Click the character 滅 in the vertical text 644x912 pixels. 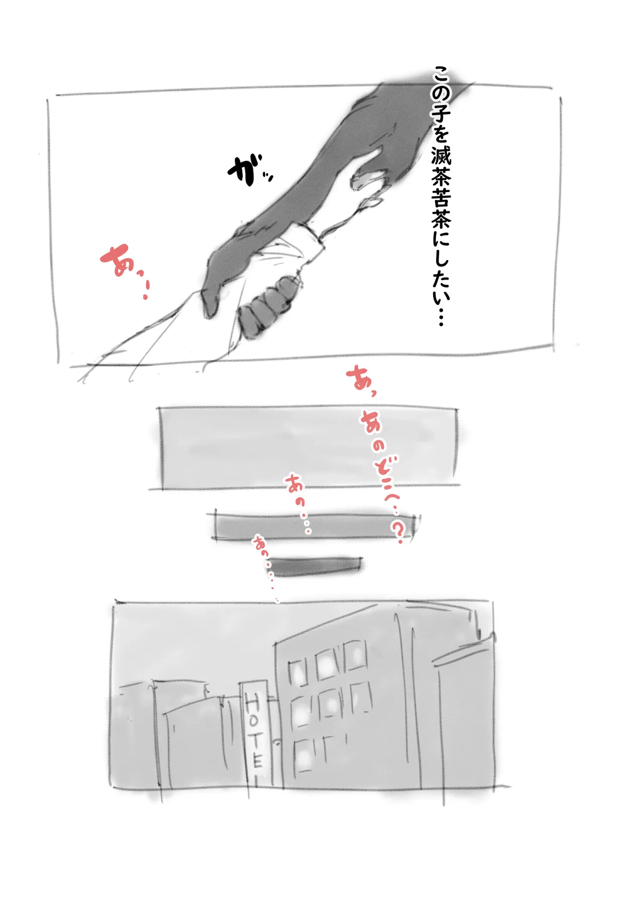(x=441, y=154)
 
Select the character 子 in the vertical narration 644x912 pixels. (x=441, y=115)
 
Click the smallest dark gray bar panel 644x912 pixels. (x=317, y=565)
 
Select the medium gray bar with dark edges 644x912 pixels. (x=314, y=526)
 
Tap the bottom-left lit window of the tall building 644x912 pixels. (x=303, y=755)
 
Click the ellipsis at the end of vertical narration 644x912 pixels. (x=441, y=317)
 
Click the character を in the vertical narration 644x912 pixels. (x=441, y=134)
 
